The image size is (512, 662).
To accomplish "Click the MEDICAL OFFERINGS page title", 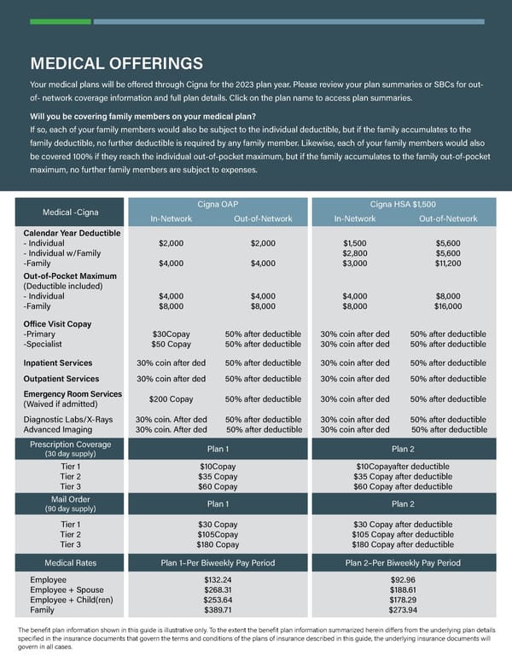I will [x=116, y=63].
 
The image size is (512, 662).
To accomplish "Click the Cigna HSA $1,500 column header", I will [x=403, y=204].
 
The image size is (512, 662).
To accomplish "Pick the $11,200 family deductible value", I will [x=448, y=264].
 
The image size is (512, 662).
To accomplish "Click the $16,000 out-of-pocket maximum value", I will [x=448, y=305].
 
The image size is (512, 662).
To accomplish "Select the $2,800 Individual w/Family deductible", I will [x=354, y=253].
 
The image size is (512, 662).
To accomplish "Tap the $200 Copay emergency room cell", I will [x=171, y=399].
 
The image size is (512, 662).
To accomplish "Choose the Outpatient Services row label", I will [x=61, y=379].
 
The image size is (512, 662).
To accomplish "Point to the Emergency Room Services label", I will [x=73, y=393].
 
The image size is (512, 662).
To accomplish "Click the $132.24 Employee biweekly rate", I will [x=218, y=579].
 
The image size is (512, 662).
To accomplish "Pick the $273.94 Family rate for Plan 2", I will [x=403, y=610].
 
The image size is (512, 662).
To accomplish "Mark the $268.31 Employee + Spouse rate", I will [x=218, y=589].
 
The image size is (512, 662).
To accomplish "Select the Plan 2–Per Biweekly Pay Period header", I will [x=403, y=563].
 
